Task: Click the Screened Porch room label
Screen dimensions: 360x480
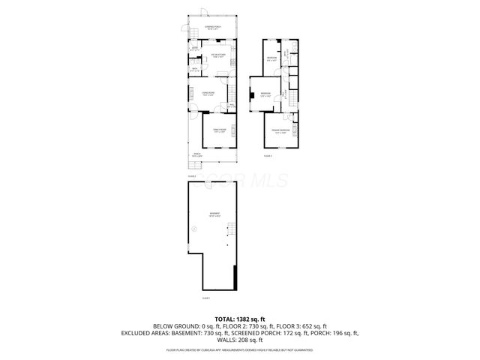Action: tap(214, 27)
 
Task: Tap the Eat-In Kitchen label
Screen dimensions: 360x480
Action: tap(218, 55)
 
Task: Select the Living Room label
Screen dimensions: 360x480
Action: tap(208, 93)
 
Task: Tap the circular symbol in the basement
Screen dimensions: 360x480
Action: tap(194, 228)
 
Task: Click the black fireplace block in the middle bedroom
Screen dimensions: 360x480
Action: tap(251, 94)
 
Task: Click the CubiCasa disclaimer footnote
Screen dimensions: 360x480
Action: tap(240, 349)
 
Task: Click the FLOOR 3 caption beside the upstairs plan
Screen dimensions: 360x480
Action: tap(268, 156)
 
